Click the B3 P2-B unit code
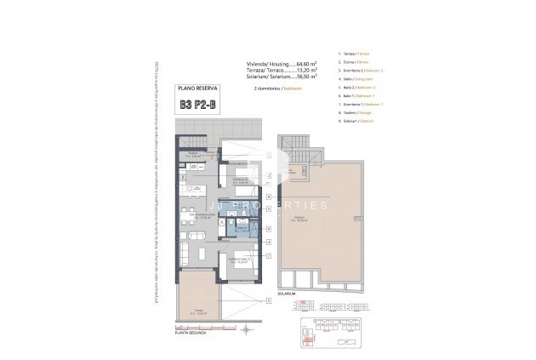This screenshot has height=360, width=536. tap(197, 106)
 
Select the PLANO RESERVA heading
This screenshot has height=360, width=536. tap(197, 89)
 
